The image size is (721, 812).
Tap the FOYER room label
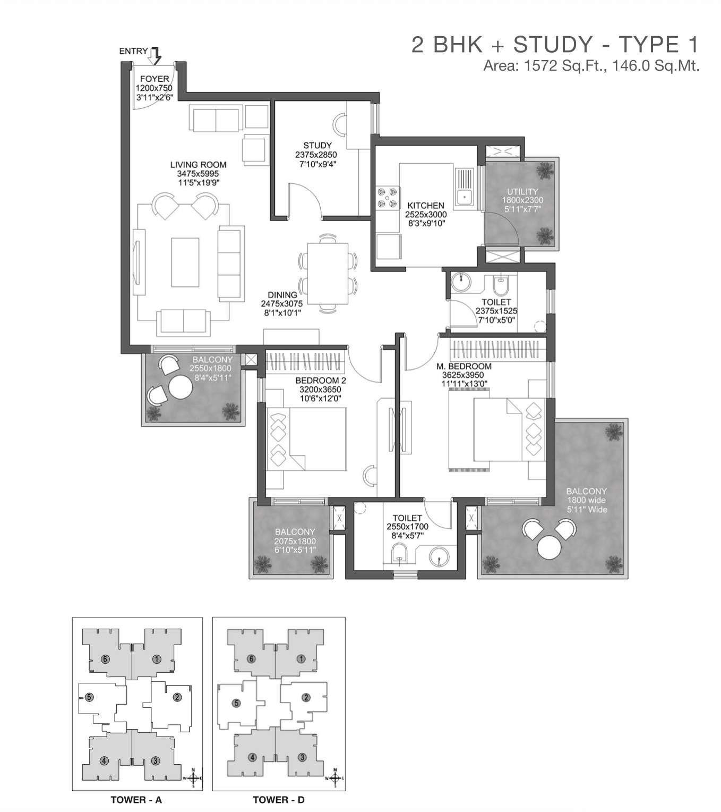point(154,79)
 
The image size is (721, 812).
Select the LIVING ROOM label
point(198,164)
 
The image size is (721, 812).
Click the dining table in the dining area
point(328,274)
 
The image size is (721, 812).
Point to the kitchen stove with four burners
point(388,198)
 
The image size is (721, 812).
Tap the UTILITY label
point(522,192)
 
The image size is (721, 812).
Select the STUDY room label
point(317,145)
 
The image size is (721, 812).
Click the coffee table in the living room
point(185,262)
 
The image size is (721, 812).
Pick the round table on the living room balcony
point(181,387)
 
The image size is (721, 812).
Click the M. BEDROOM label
point(464,366)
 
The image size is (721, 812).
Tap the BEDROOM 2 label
point(321,380)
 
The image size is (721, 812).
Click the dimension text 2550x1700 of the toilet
point(407,527)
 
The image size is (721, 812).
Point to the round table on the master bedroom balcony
point(549,547)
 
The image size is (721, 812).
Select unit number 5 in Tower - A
point(89,697)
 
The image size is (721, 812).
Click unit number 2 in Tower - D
point(306,697)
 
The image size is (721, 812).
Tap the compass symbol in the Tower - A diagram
point(193,778)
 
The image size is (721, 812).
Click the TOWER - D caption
point(278,800)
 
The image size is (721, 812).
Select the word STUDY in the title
point(553,45)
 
